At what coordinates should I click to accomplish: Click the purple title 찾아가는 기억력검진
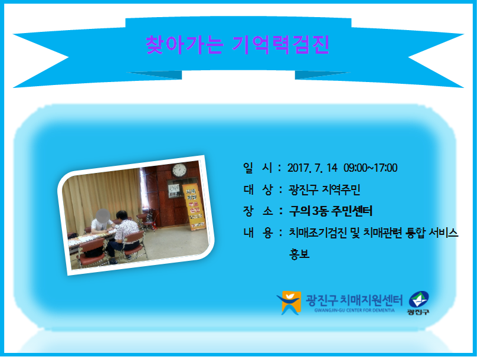tap(238, 45)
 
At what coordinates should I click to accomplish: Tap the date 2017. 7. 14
tap(312, 168)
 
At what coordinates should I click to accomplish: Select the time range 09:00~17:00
tap(370, 168)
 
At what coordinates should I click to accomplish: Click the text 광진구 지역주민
tap(324, 190)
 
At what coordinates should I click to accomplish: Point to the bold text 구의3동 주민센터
tap(331, 211)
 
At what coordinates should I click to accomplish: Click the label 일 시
tap(258, 168)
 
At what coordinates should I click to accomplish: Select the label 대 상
tap(258, 190)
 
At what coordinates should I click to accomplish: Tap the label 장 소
tap(258, 211)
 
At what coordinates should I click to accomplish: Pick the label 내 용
tap(258, 233)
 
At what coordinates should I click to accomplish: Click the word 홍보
tap(299, 254)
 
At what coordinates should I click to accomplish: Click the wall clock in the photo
tap(179, 170)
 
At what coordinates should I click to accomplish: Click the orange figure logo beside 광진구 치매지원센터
tap(289, 303)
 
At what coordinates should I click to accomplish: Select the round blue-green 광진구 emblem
tap(418, 300)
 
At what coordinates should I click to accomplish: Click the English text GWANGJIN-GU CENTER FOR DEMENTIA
tap(354, 310)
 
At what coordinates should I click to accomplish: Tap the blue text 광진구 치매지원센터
tap(354, 300)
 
